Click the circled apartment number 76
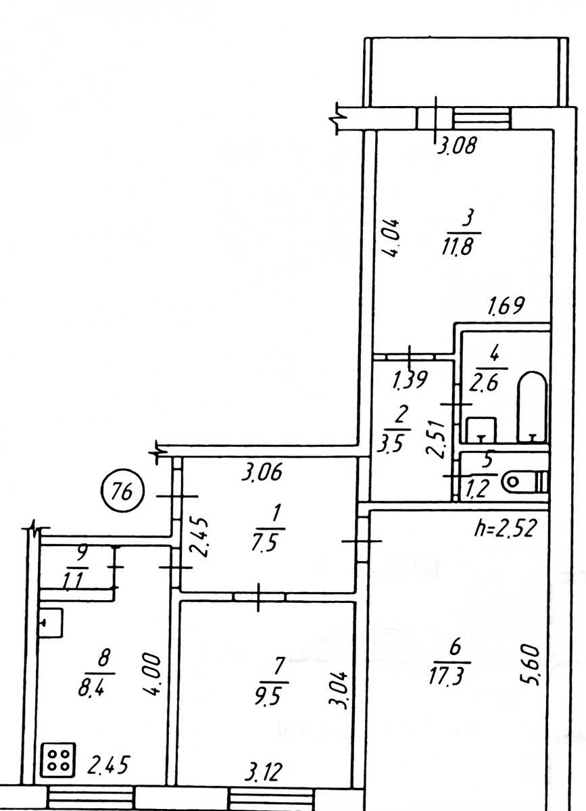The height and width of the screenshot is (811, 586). pos(122,493)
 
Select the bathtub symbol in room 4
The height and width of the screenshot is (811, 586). pos(533,407)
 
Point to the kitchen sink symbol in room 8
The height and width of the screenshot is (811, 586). pos(51,623)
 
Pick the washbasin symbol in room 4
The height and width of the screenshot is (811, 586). pos(481,429)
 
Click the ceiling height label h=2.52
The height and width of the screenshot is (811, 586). pos(504,529)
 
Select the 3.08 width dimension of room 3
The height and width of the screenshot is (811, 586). pos(456,145)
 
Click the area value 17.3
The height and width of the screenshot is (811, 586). pos(446,674)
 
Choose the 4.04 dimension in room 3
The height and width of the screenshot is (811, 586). pos(391,238)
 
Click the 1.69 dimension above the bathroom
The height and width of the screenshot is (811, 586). pos(506,305)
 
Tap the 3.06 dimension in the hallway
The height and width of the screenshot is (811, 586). pos(262,472)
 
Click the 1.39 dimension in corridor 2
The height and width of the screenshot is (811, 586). pos(410,379)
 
